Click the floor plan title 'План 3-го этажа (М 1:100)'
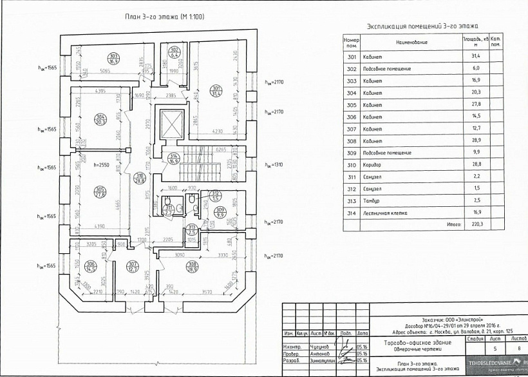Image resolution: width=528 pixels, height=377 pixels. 164,17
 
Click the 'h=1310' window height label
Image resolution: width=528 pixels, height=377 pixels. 274,164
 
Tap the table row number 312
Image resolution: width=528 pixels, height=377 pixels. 351,188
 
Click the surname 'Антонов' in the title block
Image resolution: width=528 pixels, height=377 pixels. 319,353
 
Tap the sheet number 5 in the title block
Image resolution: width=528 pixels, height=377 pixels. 476,349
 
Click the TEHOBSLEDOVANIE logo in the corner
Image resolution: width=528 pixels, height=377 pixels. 496,363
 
